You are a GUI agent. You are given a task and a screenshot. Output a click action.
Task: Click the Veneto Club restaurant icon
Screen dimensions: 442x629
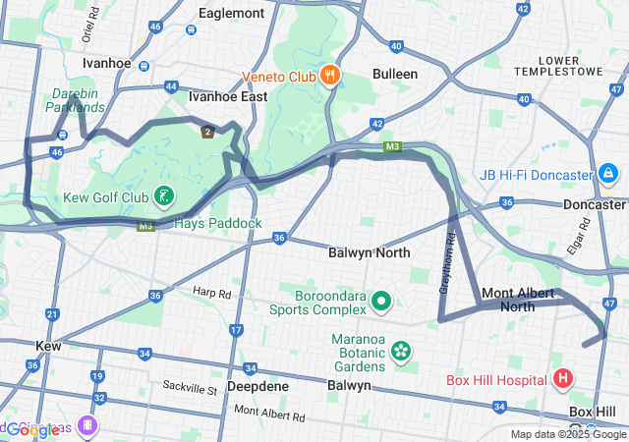click(330, 75)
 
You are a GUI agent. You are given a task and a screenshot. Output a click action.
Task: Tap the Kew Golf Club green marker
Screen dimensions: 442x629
click(164, 197)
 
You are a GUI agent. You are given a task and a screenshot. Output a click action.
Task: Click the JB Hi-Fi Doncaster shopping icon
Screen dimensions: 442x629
click(608, 175)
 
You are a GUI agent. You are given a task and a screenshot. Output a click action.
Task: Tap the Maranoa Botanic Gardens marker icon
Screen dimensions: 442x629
click(400, 351)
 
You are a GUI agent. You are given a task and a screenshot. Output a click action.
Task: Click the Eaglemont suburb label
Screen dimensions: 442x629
click(231, 13)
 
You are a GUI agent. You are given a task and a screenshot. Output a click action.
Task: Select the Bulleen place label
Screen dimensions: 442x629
click(395, 74)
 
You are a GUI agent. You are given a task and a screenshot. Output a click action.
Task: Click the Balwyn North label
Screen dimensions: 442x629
click(369, 252)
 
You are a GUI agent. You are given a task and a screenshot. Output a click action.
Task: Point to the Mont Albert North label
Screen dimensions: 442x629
click(522, 300)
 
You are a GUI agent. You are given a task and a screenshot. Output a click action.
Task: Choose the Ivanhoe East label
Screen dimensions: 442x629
click(228, 97)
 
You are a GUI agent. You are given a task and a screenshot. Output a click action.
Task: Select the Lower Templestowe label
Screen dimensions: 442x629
click(573, 67)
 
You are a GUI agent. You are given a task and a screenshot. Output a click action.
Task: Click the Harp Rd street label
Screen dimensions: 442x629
click(211, 293)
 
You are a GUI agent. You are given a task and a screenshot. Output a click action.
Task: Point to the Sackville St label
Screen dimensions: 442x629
click(190, 390)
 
